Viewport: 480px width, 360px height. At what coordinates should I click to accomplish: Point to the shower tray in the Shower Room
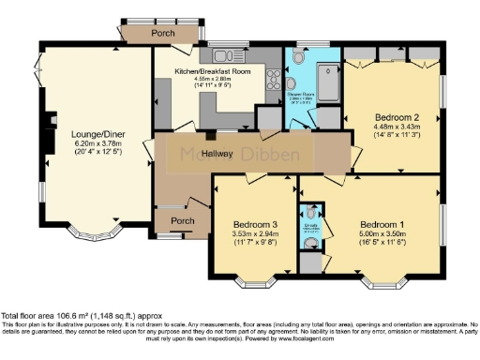click(x=329, y=81)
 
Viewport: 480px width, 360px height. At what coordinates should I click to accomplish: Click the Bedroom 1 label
click(x=383, y=225)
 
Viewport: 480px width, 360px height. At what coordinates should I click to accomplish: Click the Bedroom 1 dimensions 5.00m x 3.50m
click(x=382, y=235)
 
